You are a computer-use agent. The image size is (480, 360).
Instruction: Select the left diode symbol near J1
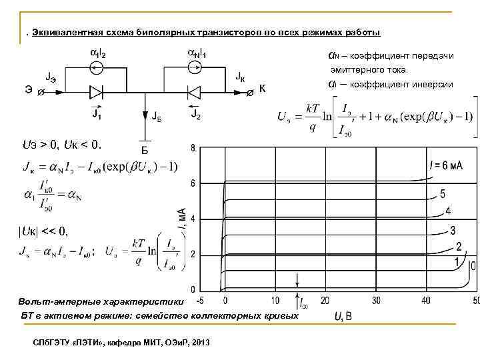(97, 91)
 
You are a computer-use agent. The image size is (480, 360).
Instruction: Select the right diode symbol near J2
(195, 91)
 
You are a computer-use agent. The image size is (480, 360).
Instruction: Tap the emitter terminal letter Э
(29, 91)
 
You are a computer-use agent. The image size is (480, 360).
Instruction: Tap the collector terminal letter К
(263, 89)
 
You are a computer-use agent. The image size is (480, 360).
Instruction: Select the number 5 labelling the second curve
(443, 194)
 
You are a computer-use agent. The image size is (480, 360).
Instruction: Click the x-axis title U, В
(344, 315)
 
